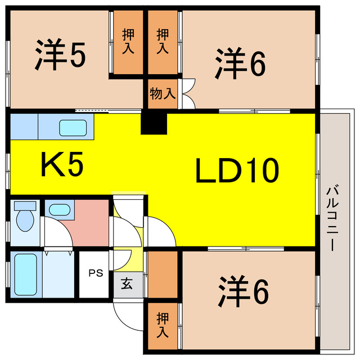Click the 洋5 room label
60,55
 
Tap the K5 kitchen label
62,164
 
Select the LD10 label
237,170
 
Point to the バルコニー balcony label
332,219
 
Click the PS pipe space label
96,273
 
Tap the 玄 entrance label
127,283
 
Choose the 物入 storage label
163,94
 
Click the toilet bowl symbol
25,217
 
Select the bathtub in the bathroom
25,274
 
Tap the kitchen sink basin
73,128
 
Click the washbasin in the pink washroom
60,210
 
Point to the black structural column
154,123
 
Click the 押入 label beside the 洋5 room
128,41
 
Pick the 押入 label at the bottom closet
163,325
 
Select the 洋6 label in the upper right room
240,64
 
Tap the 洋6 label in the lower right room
244,291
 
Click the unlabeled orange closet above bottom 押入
163,274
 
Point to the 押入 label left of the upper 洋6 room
163,41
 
